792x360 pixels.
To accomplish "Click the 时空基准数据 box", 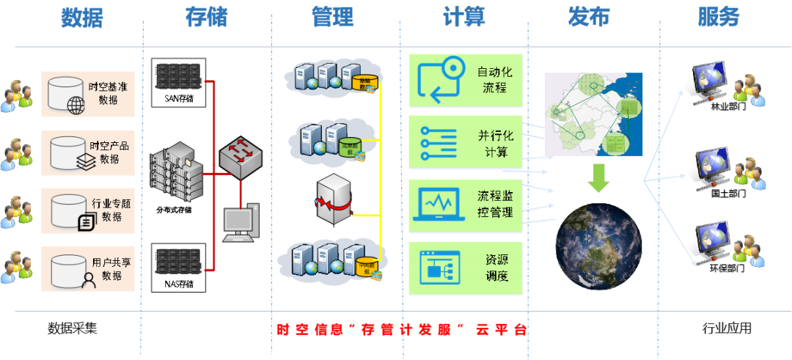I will pyautogui.click(x=89, y=94).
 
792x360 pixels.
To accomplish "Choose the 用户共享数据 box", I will pyautogui.click(x=89, y=269).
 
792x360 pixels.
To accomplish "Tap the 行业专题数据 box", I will pyautogui.click(x=89, y=211).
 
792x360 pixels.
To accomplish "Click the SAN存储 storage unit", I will pyautogui.click(x=178, y=81).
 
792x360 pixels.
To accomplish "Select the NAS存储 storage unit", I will pyautogui.click(x=178, y=268).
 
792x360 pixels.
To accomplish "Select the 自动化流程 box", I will pyautogui.click(x=465, y=81).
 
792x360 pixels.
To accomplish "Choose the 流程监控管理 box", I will pyautogui.click(x=465, y=205).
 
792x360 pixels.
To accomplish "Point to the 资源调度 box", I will pyautogui.click(x=465, y=268).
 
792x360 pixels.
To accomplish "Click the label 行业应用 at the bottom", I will pyautogui.click(x=726, y=329).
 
